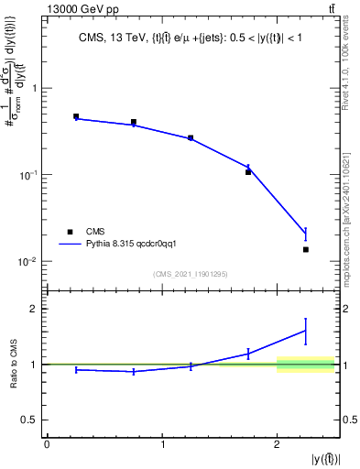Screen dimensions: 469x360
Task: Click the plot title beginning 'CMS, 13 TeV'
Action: click(x=192, y=38)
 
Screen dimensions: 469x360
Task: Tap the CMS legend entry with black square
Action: click(x=95, y=232)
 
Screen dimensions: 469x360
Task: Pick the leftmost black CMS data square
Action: click(x=76, y=117)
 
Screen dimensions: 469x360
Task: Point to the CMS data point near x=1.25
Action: click(x=191, y=138)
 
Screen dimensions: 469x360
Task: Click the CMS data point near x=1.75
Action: click(x=248, y=172)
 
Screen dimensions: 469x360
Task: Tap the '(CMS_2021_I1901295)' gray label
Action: click(x=191, y=274)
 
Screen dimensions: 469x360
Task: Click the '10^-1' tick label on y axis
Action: click(x=28, y=175)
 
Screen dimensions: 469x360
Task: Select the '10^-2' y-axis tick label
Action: click(x=28, y=262)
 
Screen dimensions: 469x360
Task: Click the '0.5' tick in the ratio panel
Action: click(x=30, y=420)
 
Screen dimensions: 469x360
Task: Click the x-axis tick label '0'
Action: click(x=47, y=444)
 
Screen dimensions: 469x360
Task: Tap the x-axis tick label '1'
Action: click(x=162, y=444)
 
